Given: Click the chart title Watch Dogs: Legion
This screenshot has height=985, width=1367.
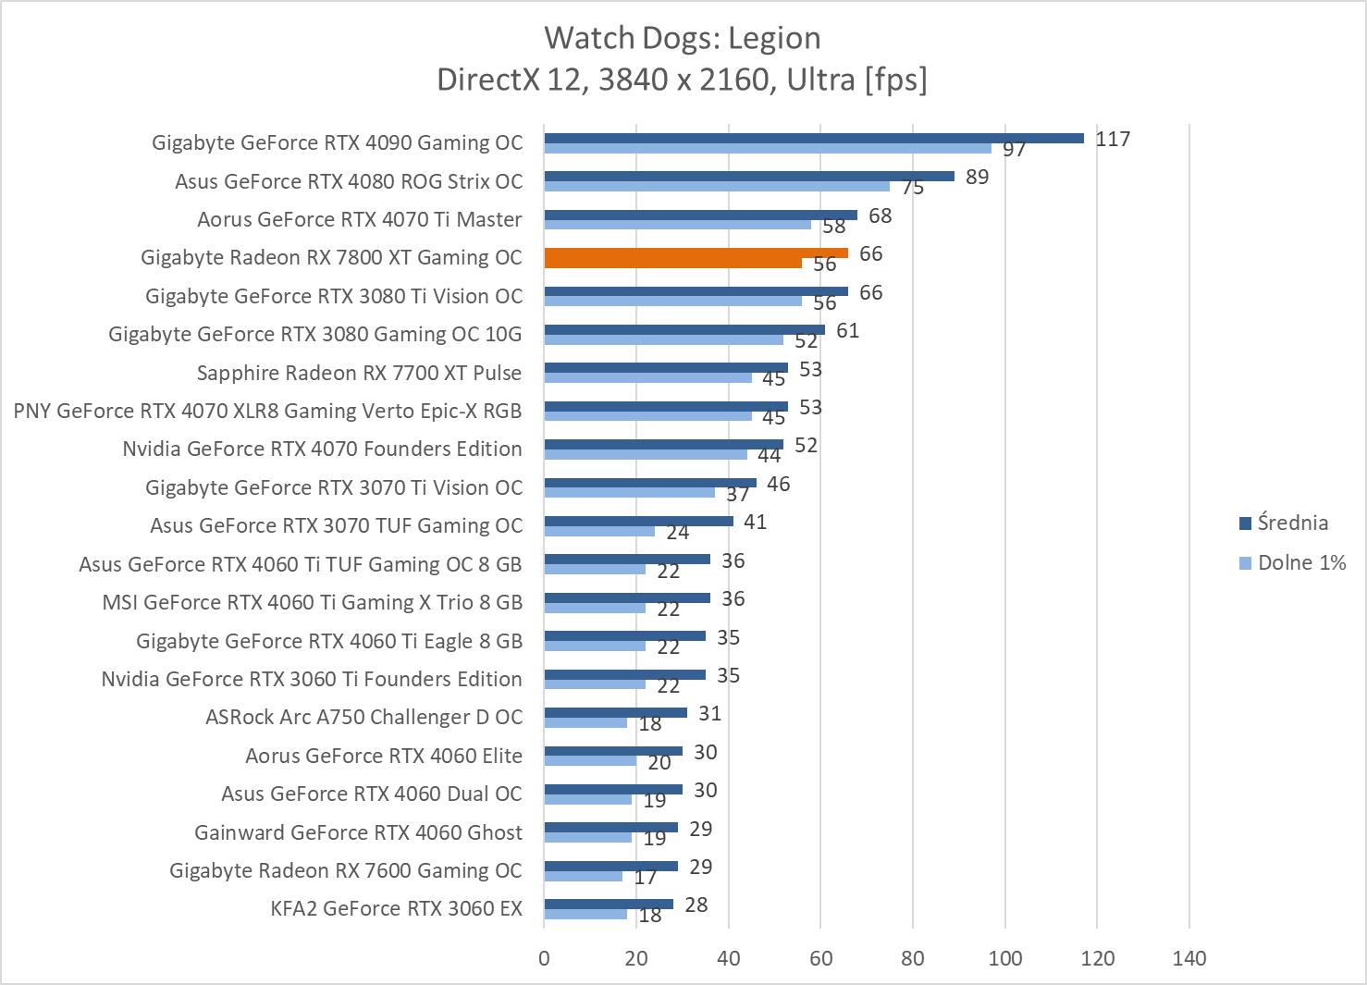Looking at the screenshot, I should tap(682, 38).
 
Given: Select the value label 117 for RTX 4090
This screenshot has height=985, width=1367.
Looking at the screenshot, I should tap(1113, 139).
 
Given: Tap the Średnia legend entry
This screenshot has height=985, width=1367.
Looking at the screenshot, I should tap(1292, 523).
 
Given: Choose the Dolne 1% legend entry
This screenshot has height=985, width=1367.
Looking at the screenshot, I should tap(1300, 562).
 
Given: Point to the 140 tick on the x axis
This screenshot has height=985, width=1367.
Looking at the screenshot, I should tap(1188, 958).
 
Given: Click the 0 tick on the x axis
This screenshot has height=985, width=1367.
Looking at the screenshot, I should tap(544, 958).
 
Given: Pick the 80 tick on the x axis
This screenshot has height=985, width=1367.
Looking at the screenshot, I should tap(912, 958).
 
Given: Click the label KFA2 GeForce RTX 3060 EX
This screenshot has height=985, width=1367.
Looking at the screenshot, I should tap(396, 908).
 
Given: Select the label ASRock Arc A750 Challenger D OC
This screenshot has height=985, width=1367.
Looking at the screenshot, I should tap(363, 717).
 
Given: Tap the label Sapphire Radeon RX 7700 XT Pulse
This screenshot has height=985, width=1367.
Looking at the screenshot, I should tap(359, 373).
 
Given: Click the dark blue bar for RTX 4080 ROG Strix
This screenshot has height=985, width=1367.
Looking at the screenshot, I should tap(748, 176).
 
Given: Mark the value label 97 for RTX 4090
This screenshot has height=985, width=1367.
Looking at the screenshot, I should tap(1015, 149).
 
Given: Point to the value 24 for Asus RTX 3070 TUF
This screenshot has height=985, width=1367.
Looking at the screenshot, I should tap(678, 532).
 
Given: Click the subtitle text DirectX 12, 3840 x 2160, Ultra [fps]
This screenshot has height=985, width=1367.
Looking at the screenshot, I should tap(682, 80).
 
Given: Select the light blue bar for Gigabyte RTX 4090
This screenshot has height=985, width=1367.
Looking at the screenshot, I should tap(767, 148).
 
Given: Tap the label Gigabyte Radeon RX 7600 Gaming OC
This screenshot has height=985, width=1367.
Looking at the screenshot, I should tap(345, 870).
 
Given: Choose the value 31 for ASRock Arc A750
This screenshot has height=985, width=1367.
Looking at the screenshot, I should tap(709, 713).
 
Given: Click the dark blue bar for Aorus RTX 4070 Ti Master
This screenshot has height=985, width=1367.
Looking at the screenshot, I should tap(700, 215).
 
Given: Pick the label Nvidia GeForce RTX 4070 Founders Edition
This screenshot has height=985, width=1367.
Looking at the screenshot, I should tap(322, 449).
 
